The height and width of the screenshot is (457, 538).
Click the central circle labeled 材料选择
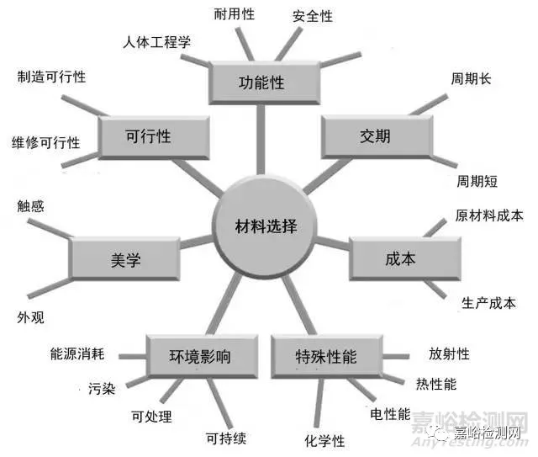coord(265,226)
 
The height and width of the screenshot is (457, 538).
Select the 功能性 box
coord(265,82)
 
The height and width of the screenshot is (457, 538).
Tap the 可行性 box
coord(154,137)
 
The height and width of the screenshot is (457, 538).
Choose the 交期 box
coord(377,136)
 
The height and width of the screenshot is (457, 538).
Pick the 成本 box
coord(405,258)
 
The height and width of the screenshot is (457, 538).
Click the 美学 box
coord(124,259)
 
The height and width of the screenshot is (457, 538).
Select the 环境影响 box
coord(202,356)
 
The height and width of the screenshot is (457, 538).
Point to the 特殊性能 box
coord(327,356)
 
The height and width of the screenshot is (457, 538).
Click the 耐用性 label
coord(235,14)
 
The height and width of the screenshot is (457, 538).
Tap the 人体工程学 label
coord(157,42)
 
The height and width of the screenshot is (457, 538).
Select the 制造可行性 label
coord(51,77)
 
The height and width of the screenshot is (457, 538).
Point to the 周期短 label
coord(477,181)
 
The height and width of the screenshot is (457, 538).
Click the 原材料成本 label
coord(489,215)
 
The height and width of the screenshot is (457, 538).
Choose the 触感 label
coord(30,206)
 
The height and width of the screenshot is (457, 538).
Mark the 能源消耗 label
coord(77,353)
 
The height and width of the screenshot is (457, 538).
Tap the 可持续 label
coord(226,438)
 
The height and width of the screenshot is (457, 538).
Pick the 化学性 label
coord(324,441)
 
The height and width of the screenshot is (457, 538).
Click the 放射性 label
coord(449,353)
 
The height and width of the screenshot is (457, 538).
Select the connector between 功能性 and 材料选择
coord(261,139)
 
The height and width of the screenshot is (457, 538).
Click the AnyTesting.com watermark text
coord(470,442)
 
